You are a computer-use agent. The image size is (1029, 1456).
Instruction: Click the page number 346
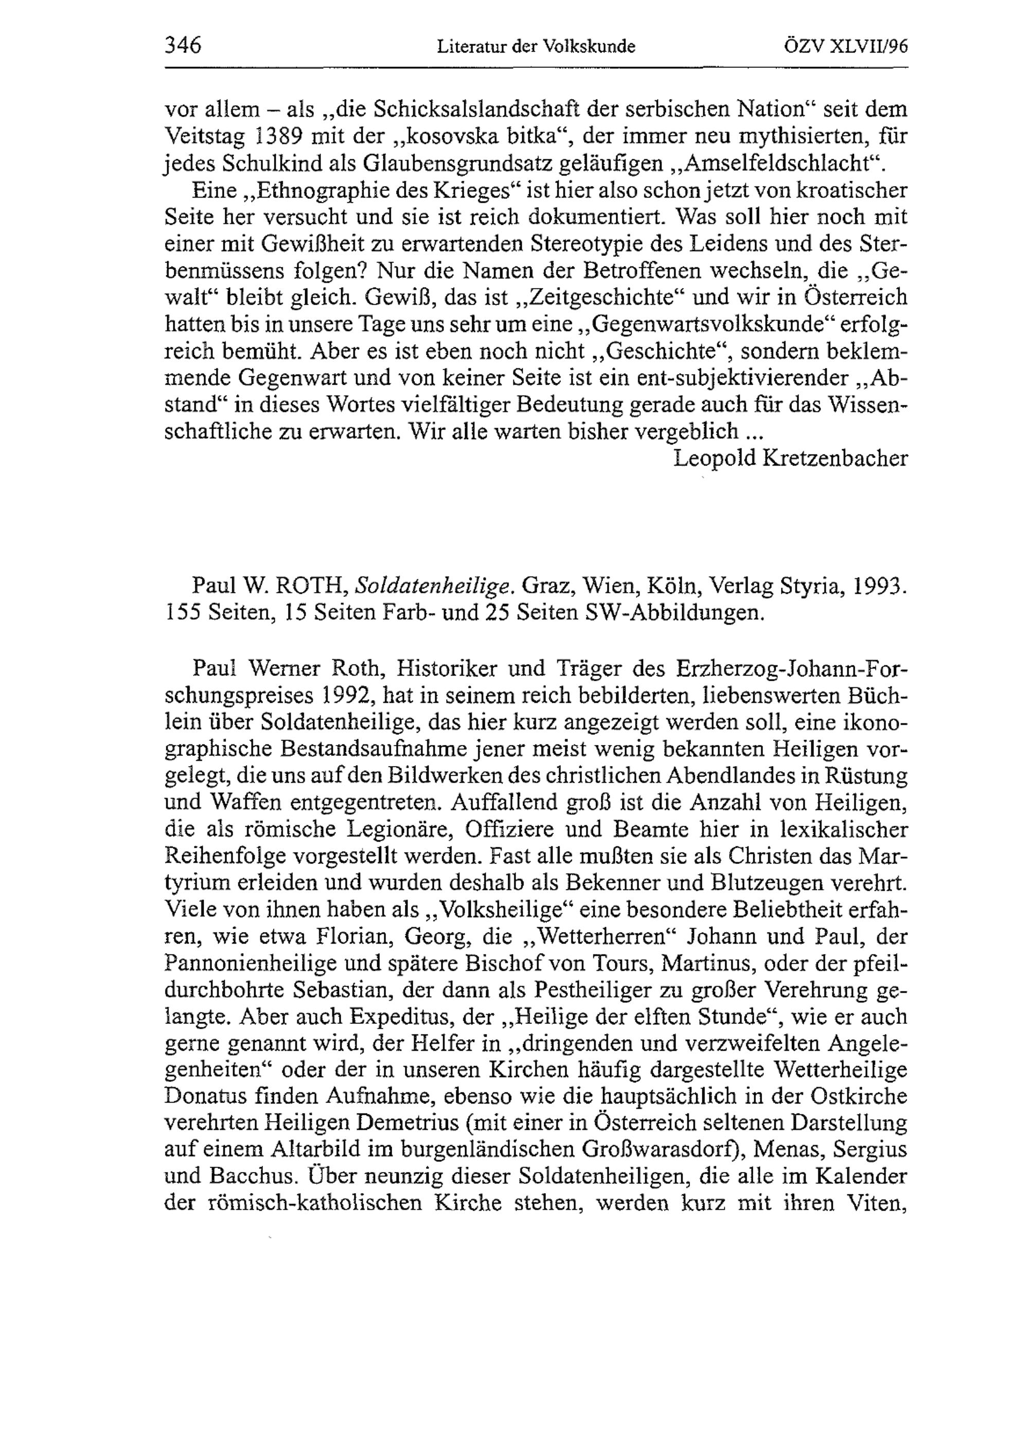click(x=183, y=46)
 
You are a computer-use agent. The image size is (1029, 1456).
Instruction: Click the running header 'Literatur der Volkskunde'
click(x=536, y=47)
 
